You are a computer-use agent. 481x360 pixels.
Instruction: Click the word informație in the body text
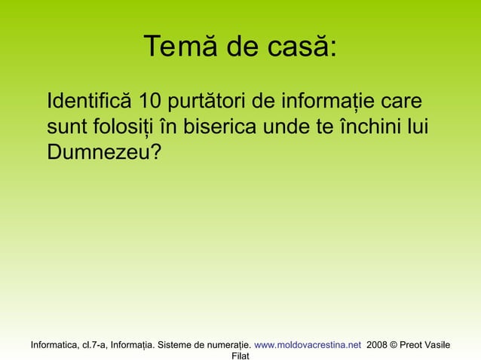coord(328,102)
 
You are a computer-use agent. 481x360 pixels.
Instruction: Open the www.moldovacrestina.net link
coord(308,344)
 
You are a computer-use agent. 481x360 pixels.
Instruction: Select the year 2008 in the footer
coord(377,344)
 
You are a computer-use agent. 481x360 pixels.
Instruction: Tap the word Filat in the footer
coord(240,355)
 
